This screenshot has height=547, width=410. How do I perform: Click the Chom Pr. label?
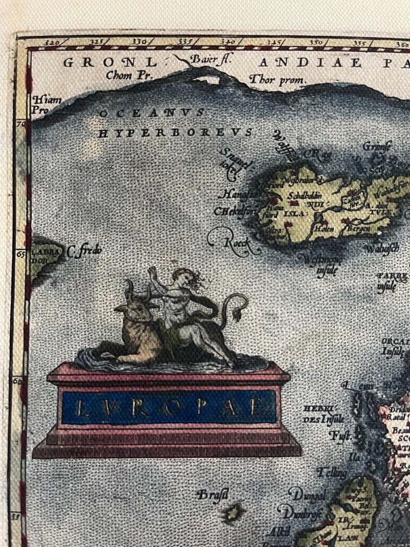point(127,75)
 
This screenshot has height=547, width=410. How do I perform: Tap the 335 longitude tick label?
point(184,42)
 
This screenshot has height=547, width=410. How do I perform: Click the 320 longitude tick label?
point(52,42)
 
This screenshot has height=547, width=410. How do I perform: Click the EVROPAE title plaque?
point(168,407)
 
